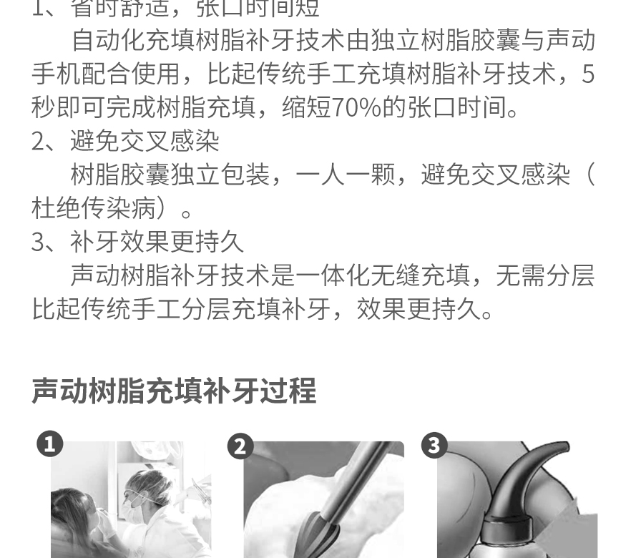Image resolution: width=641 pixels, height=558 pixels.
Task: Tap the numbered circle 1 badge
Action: click(49, 444)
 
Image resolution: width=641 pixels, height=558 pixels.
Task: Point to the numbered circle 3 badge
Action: click(433, 446)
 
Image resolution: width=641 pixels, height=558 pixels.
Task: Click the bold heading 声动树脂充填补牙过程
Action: click(174, 391)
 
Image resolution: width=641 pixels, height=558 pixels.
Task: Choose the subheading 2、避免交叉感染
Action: click(125, 141)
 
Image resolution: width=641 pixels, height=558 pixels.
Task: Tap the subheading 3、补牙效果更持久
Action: click(137, 242)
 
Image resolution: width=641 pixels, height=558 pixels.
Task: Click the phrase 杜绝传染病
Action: click(94, 208)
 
